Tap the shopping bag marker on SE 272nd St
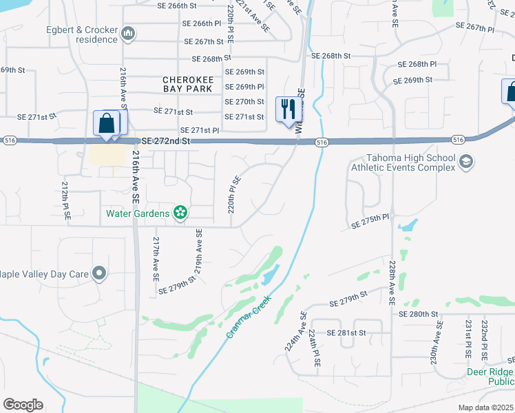click(x=107, y=124)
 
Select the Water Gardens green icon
click(x=180, y=213)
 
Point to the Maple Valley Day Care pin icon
click(x=100, y=274)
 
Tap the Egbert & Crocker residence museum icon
click(x=128, y=34)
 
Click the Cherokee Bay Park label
click(x=188, y=83)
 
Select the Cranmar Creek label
click(x=247, y=316)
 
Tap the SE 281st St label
click(x=347, y=333)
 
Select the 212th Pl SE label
click(x=67, y=200)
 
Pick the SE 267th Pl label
click(x=475, y=28)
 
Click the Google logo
click(x=23, y=405)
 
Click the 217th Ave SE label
click(x=156, y=258)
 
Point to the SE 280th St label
click(x=419, y=314)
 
